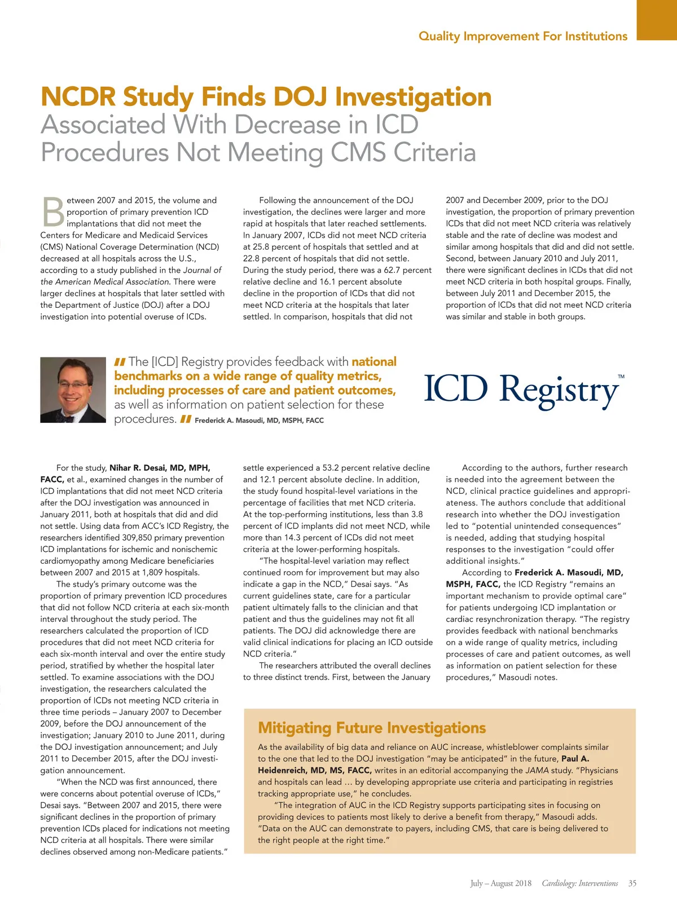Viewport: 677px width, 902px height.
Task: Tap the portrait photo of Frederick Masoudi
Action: tap(73, 390)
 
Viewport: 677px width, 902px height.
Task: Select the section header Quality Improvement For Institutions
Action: tap(522, 36)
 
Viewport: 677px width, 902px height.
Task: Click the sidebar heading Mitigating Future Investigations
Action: tap(372, 728)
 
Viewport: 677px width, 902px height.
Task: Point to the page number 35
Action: tap(632, 883)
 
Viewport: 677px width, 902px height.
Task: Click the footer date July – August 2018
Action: tap(501, 883)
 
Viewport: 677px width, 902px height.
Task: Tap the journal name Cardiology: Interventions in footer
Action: tap(579, 883)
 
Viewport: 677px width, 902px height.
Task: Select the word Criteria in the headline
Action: tap(434, 152)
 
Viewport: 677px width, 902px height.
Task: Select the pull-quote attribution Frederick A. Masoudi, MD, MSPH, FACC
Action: tap(259, 421)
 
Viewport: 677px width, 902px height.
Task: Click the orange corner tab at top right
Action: tap(657, 20)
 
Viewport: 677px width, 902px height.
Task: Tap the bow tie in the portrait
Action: tap(68, 419)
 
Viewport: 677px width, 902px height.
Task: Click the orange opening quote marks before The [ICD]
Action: tap(120, 362)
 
